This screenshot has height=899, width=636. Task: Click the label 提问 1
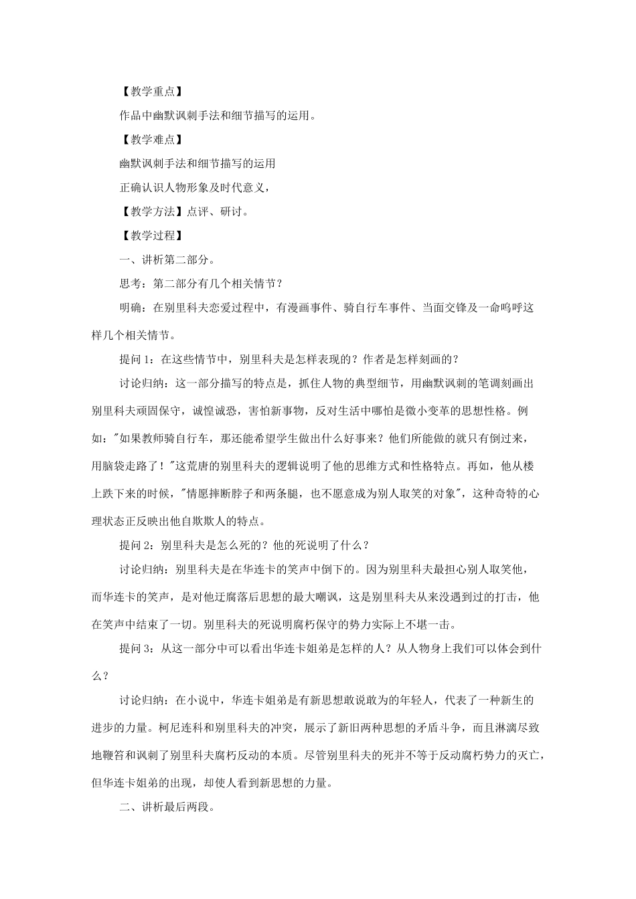[138, 359]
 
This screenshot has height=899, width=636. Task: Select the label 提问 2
[138, 544]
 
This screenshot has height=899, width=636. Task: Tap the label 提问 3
[138, 647]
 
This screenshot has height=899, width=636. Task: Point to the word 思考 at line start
[131, 284]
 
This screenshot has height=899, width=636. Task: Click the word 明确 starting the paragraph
[131, 308]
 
